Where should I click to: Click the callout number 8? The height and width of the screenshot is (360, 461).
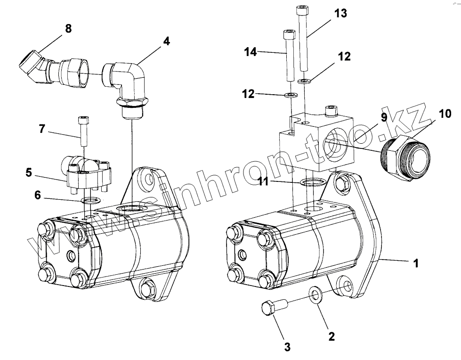(68, 29)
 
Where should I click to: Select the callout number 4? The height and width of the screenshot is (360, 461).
(166, 41)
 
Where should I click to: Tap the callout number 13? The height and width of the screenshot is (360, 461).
(340, 13)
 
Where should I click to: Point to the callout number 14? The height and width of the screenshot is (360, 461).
(251, 51)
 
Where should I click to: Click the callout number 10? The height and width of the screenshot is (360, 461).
(445, 114)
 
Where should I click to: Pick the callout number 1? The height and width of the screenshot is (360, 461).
(416, 263)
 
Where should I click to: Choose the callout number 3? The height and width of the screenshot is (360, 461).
(287, 347)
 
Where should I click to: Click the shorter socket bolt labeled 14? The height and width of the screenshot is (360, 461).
(289, 57)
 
